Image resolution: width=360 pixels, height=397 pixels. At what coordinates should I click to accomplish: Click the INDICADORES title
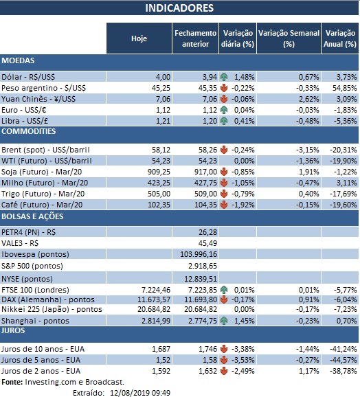tap(179, 8)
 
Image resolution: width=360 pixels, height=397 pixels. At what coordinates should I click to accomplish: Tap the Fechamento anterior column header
tap(195, 38)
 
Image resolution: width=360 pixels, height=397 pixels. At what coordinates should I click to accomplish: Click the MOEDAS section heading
tap(19, 61)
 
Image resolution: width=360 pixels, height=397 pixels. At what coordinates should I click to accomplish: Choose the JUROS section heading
tap(16, 330)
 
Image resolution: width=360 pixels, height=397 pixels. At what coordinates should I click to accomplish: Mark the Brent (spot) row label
tap(46, 149)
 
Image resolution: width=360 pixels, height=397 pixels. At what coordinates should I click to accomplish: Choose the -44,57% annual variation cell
tap(341, 360)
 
